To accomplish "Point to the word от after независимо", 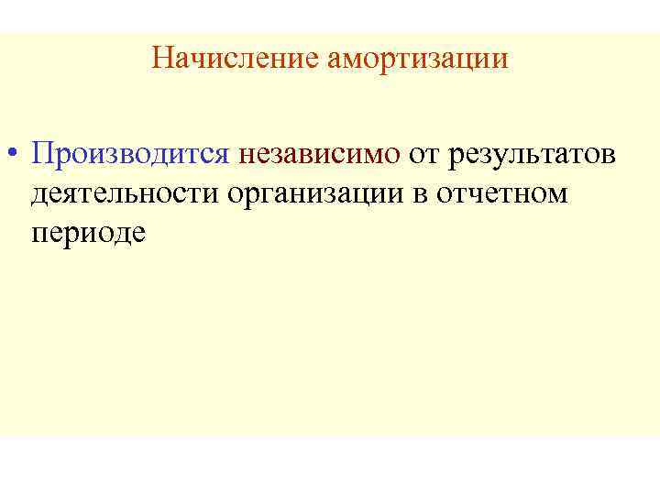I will point(426,153).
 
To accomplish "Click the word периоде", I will point(89,233).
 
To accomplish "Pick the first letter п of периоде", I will point(39,235).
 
